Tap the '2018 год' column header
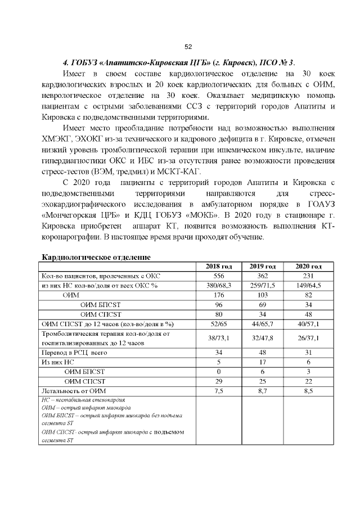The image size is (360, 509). [219, 266]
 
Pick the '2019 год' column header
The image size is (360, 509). [262, 266]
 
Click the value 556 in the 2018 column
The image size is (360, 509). [219, 276]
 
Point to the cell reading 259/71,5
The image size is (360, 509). [262, 285]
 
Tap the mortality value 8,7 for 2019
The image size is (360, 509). [262, 390]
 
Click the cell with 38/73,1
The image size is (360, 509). [219, 338]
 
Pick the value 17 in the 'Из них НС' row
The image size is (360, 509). [262, 362]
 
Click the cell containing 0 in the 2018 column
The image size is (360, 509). [219, 371]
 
